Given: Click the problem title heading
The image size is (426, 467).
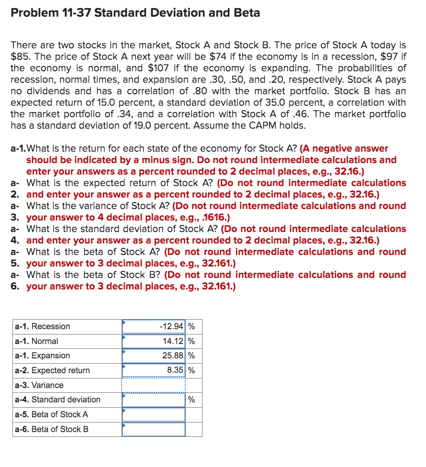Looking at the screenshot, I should coord(135,13).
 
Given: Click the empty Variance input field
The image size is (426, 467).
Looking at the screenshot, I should coord(153,385).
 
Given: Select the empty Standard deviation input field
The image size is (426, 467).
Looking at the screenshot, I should coord(153,400).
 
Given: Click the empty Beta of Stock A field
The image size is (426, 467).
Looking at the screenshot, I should coord(153,414).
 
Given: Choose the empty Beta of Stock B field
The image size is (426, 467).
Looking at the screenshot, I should coord(153,429).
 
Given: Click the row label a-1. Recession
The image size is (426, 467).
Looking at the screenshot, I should coord(43,327).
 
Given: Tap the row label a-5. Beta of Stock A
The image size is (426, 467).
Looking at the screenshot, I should coord(51,414).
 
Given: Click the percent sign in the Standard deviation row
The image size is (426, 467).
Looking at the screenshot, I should coord(191,400).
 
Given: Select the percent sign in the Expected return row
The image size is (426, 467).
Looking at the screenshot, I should coord(191,370).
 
